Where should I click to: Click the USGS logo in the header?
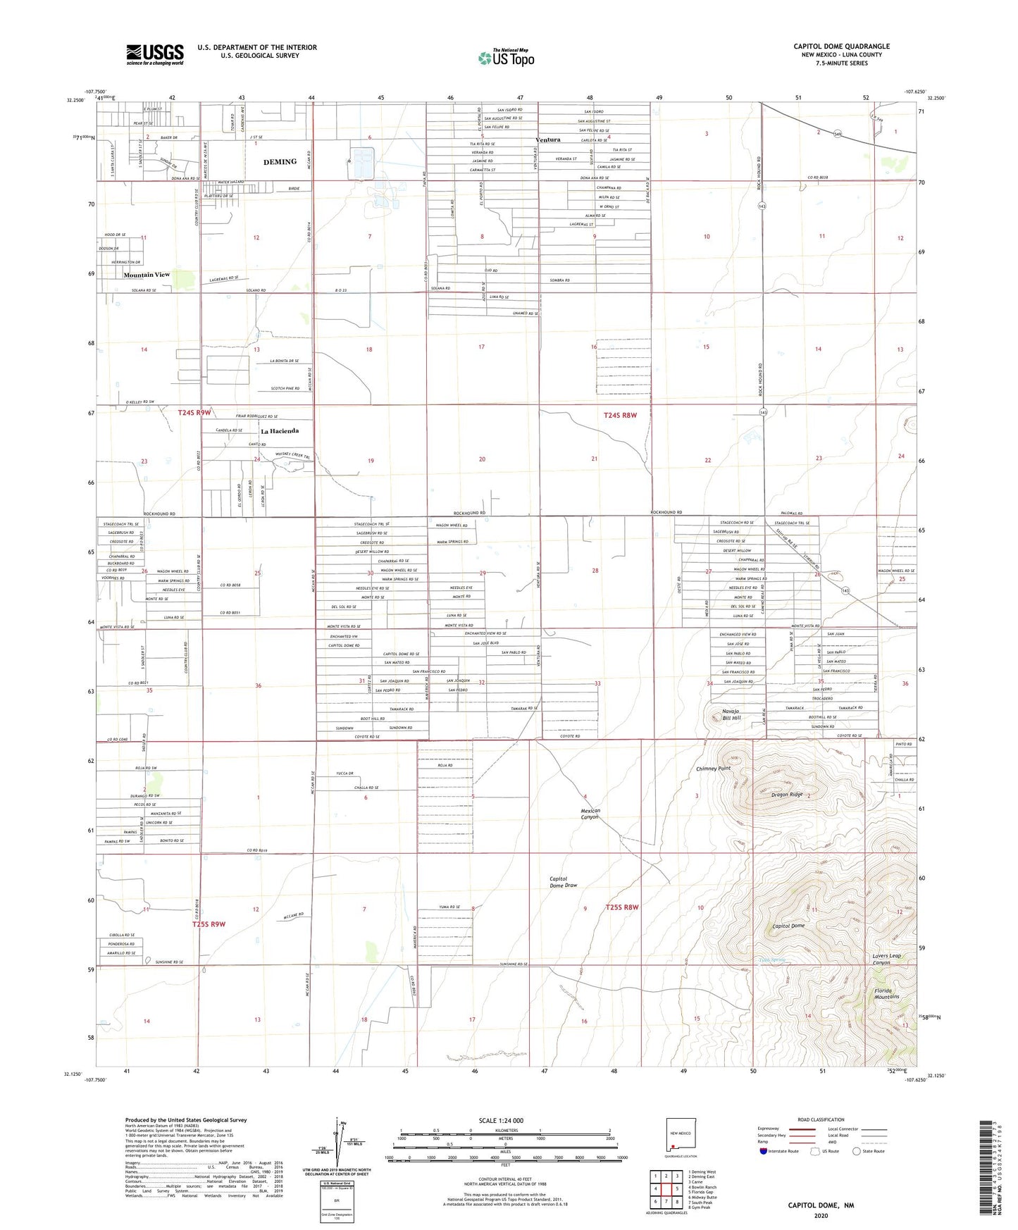[x=154, y=54]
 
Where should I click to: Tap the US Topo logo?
[x=506, y=58]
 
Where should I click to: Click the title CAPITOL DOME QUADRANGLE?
[x=841, y=46]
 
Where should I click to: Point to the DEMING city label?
[x=280, y=162]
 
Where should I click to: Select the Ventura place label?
[x=548, y=139]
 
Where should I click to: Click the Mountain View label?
[x=147, y=275]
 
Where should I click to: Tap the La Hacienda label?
[x=280, y=431]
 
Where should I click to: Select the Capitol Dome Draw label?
[x=564, y=882]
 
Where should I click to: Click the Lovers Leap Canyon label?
[x=886, y=959]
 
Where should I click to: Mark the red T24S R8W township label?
[x=620, y=416]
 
